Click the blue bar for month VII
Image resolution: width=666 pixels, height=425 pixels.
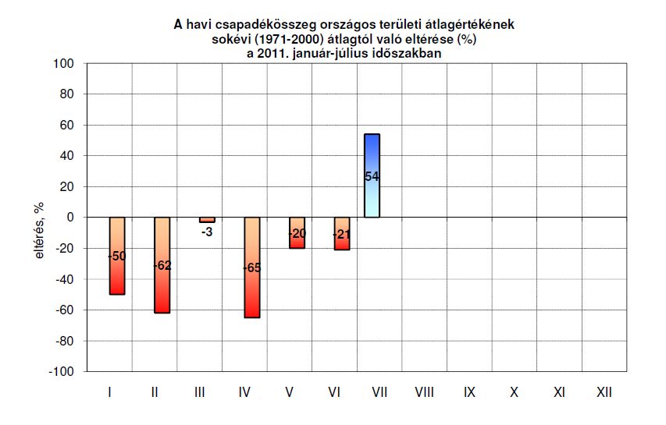click(372, 156)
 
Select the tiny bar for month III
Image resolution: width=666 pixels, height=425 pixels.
click(206, 220)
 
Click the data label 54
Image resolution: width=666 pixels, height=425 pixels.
click(372, 177)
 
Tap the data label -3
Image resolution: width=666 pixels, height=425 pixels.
click(206, 232)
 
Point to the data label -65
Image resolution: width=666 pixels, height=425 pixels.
click(251, 267)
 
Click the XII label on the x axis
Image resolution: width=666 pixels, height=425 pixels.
click(604, 392)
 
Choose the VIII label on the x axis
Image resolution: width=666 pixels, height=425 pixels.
click(424, 392)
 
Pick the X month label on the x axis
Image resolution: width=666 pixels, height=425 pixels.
click(514, 392)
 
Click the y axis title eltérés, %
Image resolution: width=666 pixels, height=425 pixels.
click(37, 231)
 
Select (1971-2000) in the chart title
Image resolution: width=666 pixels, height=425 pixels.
click(308, 40)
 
